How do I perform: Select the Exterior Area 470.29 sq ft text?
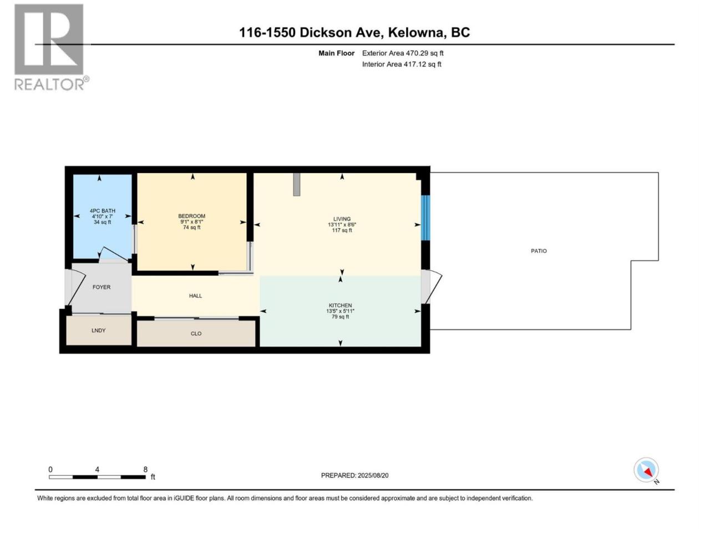(x=403, y=53)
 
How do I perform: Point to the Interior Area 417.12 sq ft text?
(x=402, y=64)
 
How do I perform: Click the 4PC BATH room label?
(x=103, y=210)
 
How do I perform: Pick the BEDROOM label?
(x=192, y=216)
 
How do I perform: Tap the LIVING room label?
(x=342, y=219)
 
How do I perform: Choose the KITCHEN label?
(x=340, y=305)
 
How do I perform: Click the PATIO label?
(x=539, y=251)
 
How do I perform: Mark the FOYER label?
(x=102, y=287)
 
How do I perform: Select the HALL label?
(x=195, y=296)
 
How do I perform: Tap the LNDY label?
(x=98, y=330)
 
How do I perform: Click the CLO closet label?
(x=196, y=334)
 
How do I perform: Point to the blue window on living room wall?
(x=425, y=218)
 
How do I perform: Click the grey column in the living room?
(x=297, y=184)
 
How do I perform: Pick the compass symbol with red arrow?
(x=646, y=470)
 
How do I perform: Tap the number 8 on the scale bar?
(x=145, y=470)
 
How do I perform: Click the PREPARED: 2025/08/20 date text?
(x=354, y=475)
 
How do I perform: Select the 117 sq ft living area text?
(x=342, y=230)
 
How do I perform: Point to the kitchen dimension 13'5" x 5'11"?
(x=340, y=311)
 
